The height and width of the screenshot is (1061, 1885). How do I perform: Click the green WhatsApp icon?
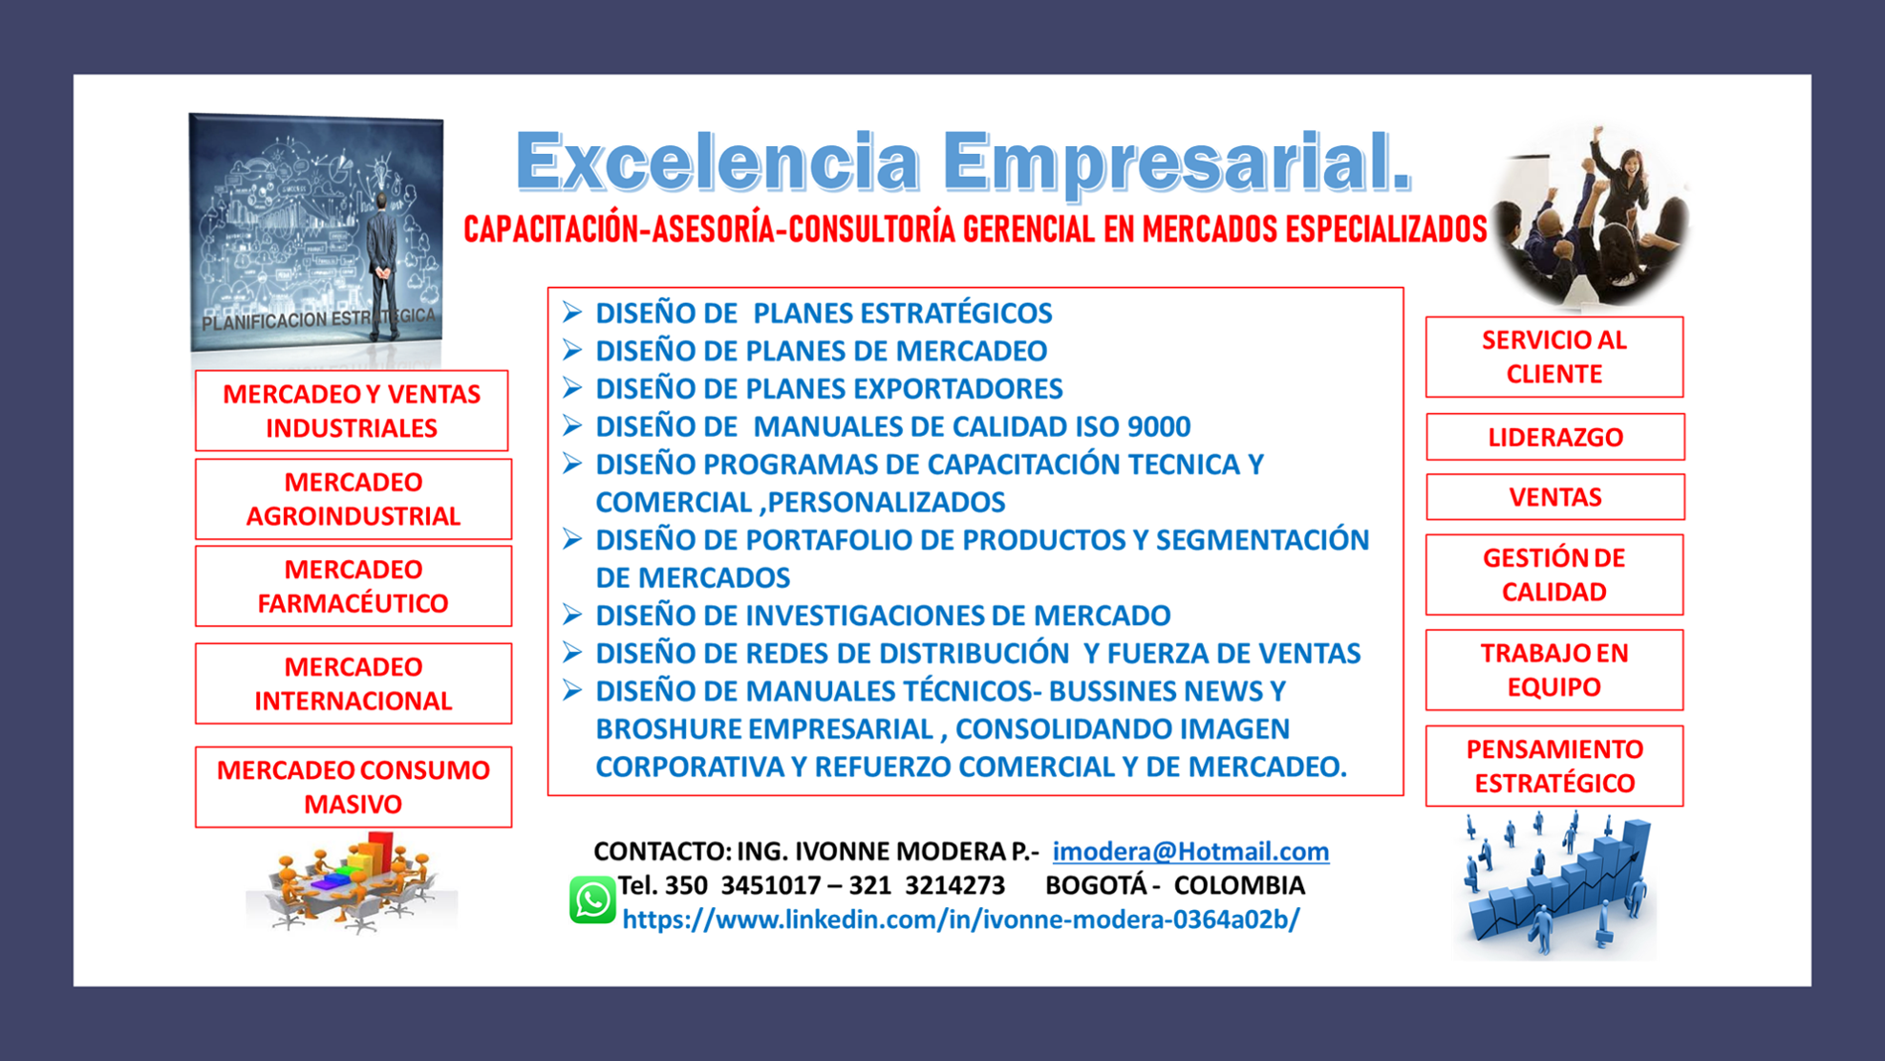click(x=591, y=900)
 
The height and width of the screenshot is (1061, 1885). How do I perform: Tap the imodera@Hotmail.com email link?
click(x=1190, y=851)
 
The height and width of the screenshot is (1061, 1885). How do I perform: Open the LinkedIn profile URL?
click(x=960, y=920)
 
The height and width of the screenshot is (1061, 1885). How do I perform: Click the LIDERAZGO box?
click(x=1554, y=437)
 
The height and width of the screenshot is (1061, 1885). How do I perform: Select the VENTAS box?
click(x=1554, y=497)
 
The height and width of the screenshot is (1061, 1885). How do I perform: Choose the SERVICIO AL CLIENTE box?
click(x=1554, y=357)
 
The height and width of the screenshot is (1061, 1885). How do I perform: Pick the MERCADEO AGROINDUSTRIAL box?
click(x=353, y=499)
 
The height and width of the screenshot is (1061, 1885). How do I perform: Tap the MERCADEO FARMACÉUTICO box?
click(x=353, y=586)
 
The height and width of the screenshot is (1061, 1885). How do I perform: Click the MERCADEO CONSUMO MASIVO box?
click(x=353, y=787)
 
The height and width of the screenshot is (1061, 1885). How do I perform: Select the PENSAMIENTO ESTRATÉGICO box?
click(x=1554, y=766)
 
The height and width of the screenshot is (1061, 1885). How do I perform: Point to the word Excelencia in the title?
click(x=718, y=162)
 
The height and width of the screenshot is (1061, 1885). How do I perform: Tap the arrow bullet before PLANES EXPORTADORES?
click(x=572, y=387)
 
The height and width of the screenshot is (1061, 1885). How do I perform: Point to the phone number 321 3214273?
click(x=927, y=885)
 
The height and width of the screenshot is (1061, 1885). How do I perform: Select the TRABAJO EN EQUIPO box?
click(x=1554, y=670)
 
